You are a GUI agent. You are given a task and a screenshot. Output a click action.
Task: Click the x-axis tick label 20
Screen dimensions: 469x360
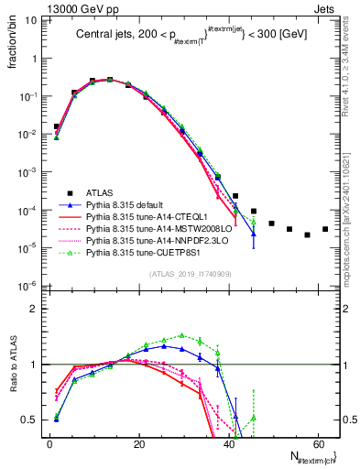point(138,443)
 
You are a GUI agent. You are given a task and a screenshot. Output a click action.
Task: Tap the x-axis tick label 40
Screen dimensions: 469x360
point(228,443)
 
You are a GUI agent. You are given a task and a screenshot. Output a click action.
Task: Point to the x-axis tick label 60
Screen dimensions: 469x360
point(317,443)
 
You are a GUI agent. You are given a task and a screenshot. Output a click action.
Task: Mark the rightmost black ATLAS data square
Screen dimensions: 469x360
point(325,229)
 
